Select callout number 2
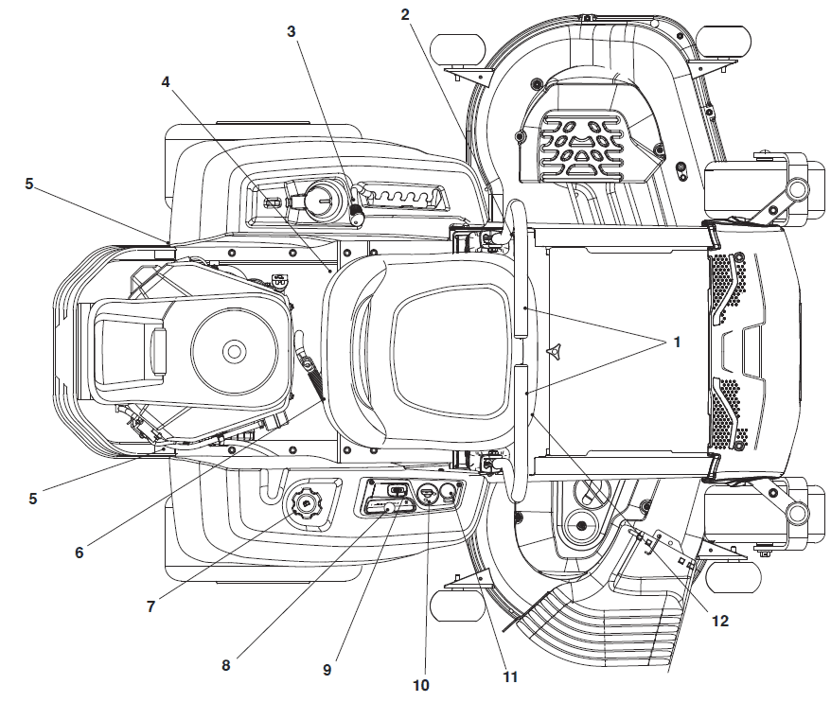(x=405, y=14)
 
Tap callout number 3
(x=292, y=31)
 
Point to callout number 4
(x=166, y=82)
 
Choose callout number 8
(x=225, y=664)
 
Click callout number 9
(x=327, y=670)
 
